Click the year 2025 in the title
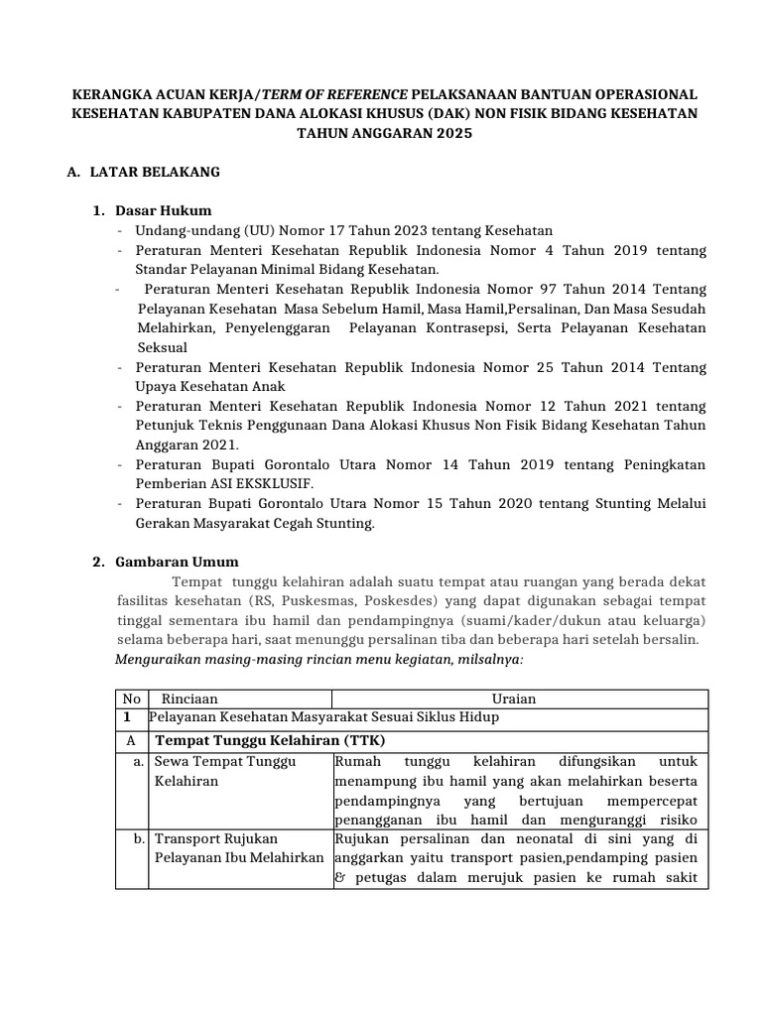point(438,133)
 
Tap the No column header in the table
point(131,698)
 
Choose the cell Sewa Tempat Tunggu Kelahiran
point(224,771)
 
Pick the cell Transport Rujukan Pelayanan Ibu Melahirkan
point(238,847)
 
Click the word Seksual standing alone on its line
point(161,347)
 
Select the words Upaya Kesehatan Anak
point(211,386)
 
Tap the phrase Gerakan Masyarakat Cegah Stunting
point(255,523)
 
